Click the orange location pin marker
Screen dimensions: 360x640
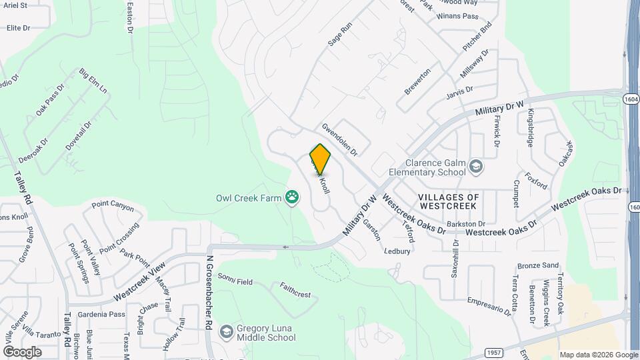tap(321, 159)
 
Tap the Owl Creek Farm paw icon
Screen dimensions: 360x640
tap(292, 197)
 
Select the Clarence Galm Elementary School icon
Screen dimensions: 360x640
tap(476, 166)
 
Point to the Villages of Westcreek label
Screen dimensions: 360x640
tap(449, 202)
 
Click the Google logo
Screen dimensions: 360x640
tap(22, 352)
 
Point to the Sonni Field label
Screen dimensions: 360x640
tap(235, 282)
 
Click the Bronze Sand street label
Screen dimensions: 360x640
tap(537, 265)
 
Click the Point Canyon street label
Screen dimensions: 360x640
tap(113, 206)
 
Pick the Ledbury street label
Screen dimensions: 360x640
tap(397, 251)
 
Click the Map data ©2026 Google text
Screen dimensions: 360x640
tap(598, 355)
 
